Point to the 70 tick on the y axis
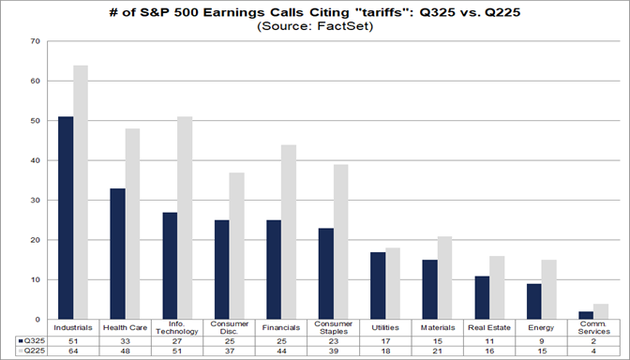35,42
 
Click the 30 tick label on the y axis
35,201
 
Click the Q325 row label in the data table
28,342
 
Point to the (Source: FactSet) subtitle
314,26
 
